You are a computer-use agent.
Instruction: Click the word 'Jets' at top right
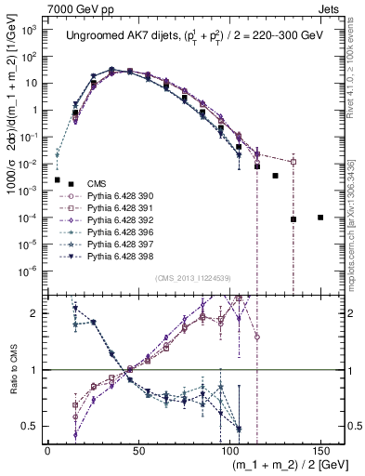pos(331,7)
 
